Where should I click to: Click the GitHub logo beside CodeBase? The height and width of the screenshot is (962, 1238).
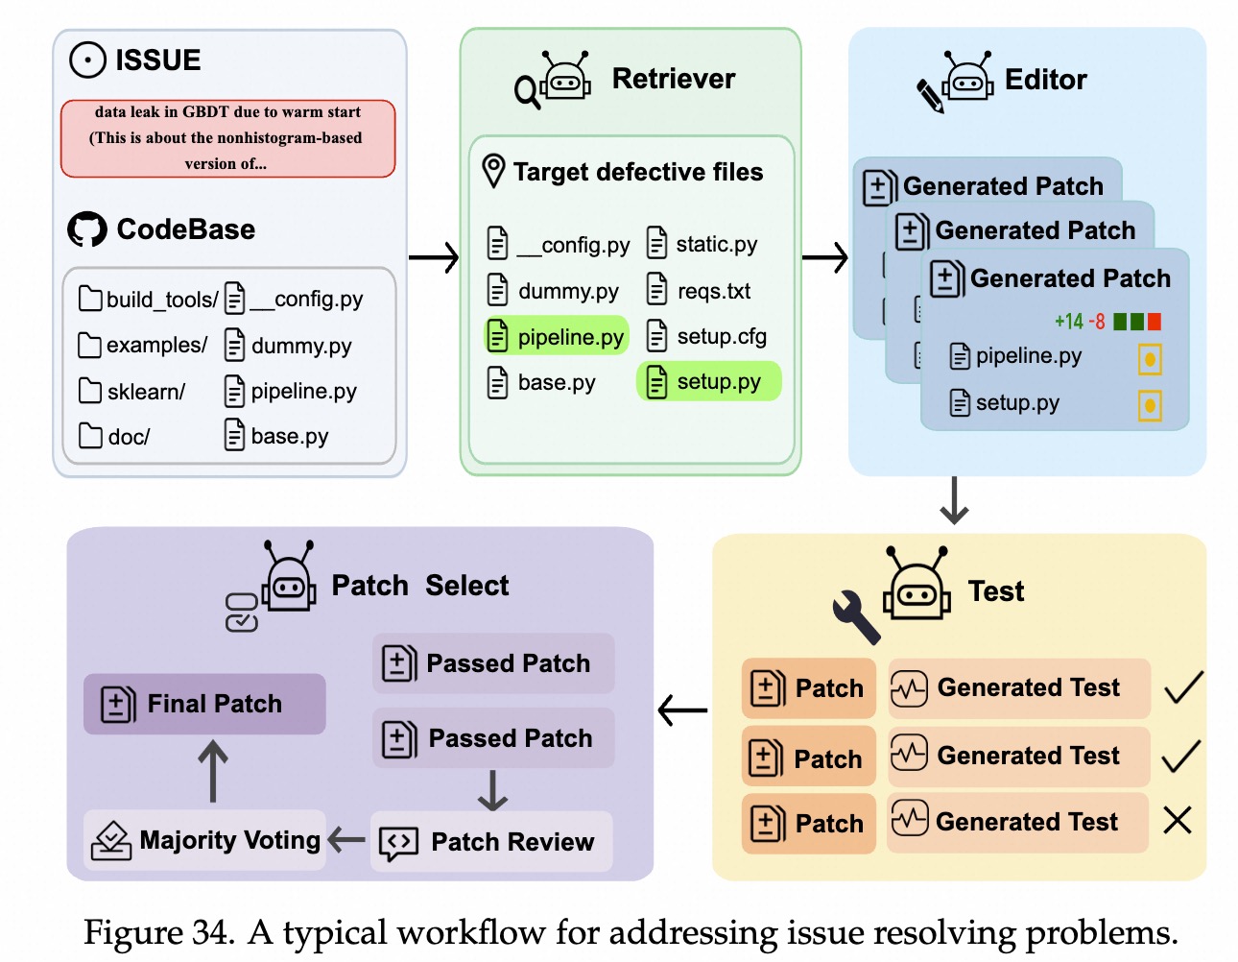point(87,229)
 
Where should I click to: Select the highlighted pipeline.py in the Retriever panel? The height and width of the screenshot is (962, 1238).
point(558,337)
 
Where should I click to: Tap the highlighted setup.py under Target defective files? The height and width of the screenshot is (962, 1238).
point(708,382)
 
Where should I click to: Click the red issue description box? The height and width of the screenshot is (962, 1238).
point(227,138)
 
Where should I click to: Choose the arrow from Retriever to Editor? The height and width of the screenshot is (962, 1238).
point(825,257)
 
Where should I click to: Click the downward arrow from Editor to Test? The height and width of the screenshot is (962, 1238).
point(954,500)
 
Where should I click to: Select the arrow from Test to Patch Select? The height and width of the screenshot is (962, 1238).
point(683,711)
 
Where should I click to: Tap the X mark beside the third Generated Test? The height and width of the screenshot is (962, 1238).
point(1178,821)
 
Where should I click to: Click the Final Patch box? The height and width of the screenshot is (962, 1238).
point(204,704)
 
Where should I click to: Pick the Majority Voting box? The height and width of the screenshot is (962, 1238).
point(205,841)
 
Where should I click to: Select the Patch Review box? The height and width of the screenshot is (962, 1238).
point(491,842)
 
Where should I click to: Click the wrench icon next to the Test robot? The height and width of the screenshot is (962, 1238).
point(855,615)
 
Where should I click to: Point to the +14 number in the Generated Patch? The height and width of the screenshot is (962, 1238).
point(1069,322)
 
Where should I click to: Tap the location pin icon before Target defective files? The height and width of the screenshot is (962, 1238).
point(493,171)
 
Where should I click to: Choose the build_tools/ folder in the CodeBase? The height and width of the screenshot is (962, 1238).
point(149,300)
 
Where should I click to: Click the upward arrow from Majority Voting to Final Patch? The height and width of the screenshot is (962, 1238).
point(213,771)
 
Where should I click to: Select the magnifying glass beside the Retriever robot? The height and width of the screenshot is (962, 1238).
point(527,92)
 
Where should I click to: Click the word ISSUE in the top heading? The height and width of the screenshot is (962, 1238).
point(158,60)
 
